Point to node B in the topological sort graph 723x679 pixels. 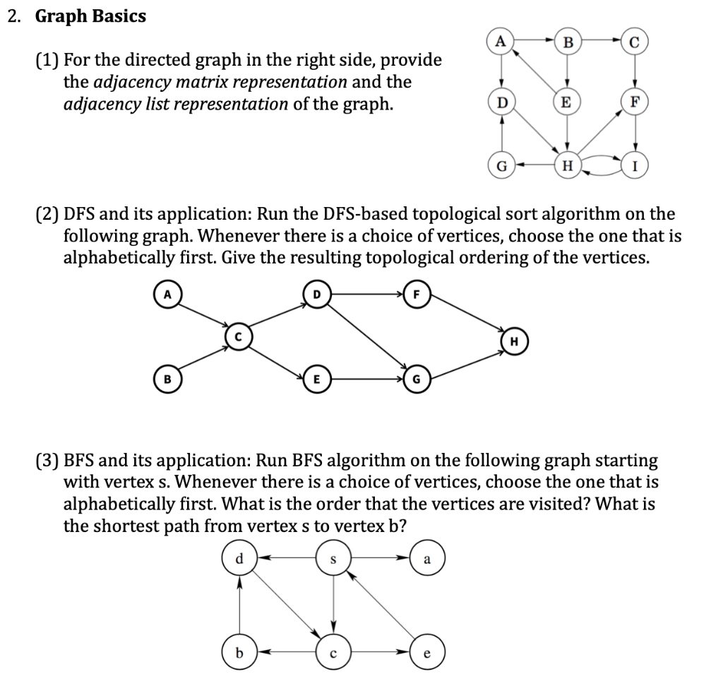tap(167, 379)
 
